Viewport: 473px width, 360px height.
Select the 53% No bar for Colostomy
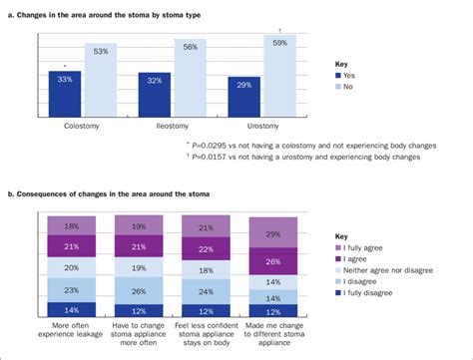pyautogui.click(x=101, y=85)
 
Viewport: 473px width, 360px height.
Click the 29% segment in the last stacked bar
pyautogui.click(x=272, y=231)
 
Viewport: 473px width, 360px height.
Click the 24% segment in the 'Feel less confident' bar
pyautogui.click(x=205, y=292)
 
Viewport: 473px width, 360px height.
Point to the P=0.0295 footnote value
pyautogui.click(x=219, y=145)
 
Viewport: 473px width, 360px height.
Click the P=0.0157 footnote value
pyautogui.click(x=219, y=157)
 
